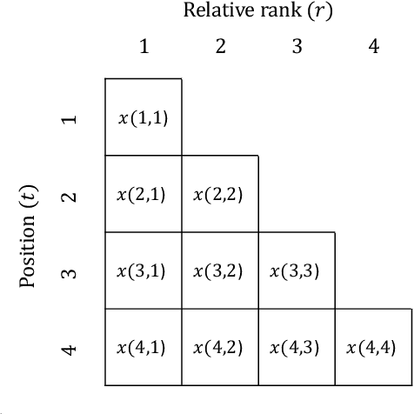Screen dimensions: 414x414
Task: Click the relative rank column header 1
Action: coord(144,47)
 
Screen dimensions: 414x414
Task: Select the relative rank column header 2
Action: coord(220,47)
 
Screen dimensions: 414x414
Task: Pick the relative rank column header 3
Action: coord(297,47)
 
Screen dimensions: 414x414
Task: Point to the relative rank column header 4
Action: coord(374,47)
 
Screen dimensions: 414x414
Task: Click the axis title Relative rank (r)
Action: coord(258,11)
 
